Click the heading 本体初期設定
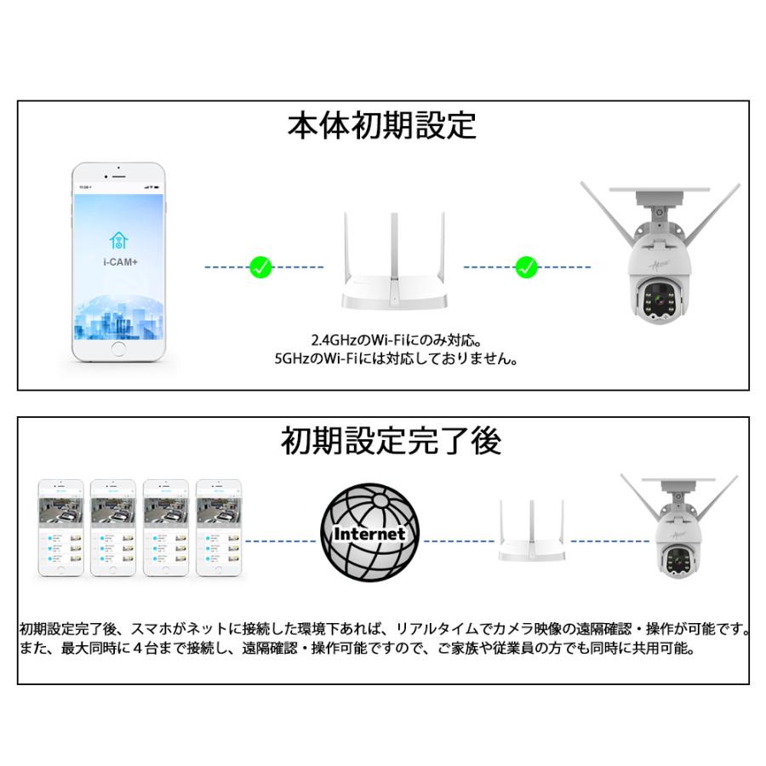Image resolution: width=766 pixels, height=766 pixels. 382,126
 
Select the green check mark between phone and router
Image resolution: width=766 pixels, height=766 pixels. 260,268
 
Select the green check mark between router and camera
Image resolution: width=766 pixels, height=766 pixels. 527,268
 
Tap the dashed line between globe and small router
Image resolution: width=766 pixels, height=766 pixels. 460,540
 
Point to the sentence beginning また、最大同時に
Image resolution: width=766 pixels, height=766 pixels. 357,649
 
